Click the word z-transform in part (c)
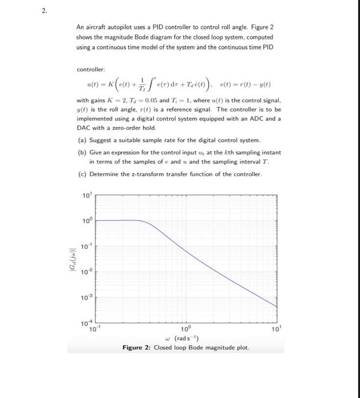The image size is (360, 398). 148,174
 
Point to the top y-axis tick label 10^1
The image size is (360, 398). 87,196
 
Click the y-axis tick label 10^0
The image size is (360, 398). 87,221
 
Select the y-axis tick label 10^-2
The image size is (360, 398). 86,271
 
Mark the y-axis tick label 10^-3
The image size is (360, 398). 86,297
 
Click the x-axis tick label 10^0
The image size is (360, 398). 186,329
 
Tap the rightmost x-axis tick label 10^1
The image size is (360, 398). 277,329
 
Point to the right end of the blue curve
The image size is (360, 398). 277,306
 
